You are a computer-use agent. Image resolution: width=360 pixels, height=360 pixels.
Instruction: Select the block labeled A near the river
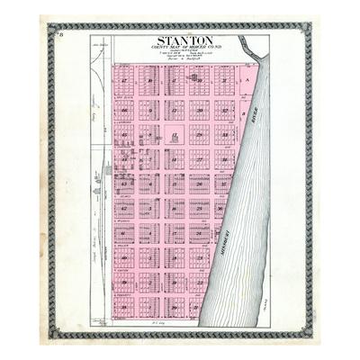click(246, 79)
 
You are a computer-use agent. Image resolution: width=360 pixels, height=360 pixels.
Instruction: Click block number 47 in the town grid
click(124, 81)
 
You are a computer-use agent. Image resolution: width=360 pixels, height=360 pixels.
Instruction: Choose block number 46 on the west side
click(124, 112)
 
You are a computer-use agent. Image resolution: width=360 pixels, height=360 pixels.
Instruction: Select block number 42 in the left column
click(124, 207)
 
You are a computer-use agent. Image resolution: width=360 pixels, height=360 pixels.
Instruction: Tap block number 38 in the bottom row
click(124, 306)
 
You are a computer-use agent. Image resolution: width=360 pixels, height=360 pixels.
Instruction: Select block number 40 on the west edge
click(124, 256)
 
